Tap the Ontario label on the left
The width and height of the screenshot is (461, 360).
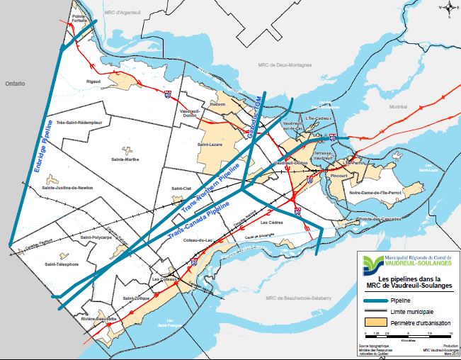pyautogui.click(x=14, y=84)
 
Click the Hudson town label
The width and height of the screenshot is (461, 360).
pyautogui.click(x=217, y=104)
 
